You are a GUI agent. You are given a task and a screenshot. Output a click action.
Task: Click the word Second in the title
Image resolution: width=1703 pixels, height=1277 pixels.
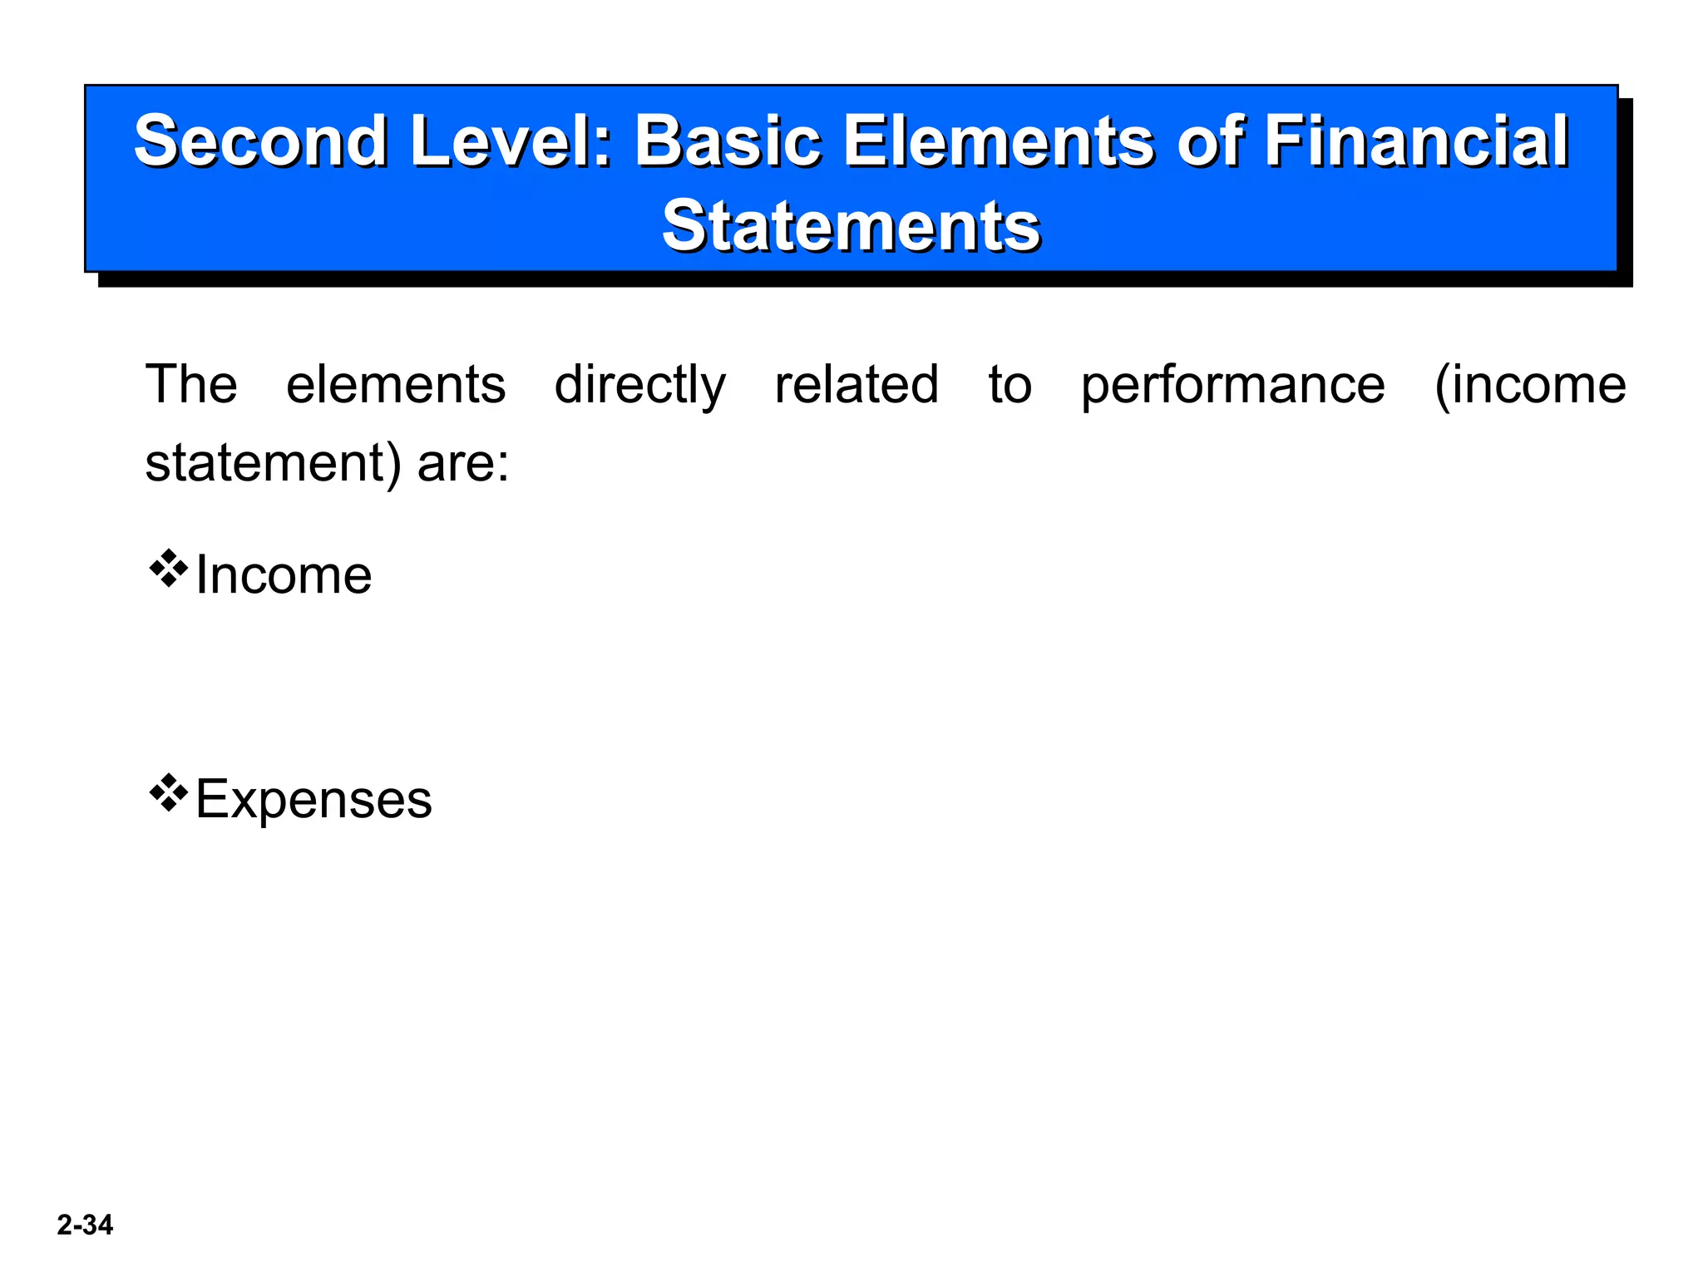tap(259, 141)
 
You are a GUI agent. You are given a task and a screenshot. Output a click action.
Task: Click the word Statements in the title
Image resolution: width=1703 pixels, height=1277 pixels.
tap(851, 225)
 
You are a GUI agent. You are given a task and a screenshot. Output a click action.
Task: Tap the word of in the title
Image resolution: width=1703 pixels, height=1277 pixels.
tap(1211, 141)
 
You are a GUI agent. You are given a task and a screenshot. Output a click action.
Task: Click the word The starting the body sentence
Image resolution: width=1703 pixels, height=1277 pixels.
tap(191, 384)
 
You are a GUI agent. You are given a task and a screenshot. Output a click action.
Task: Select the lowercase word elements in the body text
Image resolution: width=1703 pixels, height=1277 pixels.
tap(396, 384)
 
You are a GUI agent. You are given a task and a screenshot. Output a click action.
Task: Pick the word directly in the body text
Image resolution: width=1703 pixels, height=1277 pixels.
tap(639, 386)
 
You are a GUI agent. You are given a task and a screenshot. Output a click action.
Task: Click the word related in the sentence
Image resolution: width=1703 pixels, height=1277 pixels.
tap(856, 384)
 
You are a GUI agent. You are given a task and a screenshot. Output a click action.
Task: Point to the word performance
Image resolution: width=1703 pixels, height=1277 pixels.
tap(1232, 386)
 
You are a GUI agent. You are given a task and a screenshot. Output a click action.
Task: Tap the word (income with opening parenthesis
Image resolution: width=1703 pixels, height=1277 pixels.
tap(1529, 386)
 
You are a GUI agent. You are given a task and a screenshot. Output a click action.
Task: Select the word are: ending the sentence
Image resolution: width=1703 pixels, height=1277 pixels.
tap(462, 463)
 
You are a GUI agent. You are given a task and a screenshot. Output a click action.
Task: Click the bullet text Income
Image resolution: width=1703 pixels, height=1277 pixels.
tap(284, 575)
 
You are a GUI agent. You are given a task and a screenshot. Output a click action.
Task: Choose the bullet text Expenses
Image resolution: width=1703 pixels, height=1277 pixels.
tap(313, 801)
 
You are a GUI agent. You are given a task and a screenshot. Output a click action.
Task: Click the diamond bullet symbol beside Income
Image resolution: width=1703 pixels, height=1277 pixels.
tap(169, 569)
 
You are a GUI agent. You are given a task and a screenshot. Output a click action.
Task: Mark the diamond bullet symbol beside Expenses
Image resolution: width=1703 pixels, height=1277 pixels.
tap(169, 793)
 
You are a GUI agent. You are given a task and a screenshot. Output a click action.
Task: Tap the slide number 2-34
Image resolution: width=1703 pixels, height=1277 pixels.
tap(85, 1225)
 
